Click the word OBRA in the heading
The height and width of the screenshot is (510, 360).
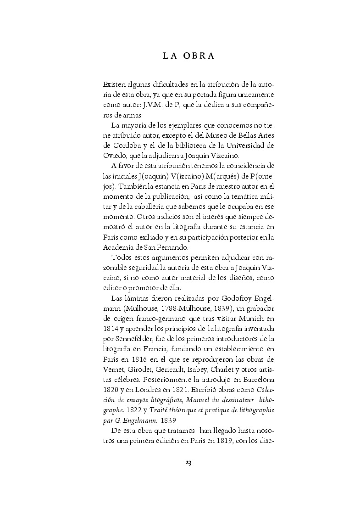coord(199,56)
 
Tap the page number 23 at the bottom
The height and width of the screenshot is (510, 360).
coord(188,462)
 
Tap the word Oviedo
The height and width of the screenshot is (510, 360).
coord(115,155)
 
